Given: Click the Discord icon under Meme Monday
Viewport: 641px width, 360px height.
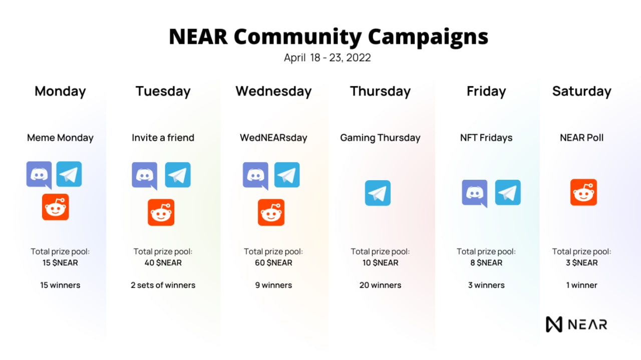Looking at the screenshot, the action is click(39, 175).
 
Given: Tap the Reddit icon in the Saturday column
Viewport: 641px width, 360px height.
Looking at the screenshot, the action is click(583, 192).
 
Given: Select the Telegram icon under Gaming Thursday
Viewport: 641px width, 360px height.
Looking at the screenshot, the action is click(378, 193).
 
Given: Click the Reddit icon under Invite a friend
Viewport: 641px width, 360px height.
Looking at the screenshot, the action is click(161, 212).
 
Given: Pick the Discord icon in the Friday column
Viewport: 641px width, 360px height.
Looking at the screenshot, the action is click(475, 193).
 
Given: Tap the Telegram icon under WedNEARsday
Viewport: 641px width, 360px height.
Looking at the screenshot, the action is click(287, 175).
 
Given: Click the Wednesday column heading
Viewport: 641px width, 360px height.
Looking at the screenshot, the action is click(273, 92).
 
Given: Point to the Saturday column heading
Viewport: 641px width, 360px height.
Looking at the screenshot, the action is click(582, 92).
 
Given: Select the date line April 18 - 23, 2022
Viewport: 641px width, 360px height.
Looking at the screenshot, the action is click(328, 58).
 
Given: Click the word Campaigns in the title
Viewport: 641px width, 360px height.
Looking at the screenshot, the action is click(428, 37).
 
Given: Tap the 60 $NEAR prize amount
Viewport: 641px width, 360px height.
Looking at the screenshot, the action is click(273, 263).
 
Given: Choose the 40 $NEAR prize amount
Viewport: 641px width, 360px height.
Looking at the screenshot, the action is click(163, 263).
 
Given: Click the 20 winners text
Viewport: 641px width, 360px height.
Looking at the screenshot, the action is click(380, 285).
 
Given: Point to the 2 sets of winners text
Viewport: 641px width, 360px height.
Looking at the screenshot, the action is click(163, 285).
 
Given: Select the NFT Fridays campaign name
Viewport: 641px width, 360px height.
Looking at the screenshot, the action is click(486, 138).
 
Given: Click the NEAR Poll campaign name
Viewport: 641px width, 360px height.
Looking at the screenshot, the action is click(582, 138).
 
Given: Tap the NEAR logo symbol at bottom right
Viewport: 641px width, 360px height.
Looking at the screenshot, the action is click(554, 324).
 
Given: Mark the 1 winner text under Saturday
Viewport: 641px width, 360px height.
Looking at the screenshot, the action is click(582, 285).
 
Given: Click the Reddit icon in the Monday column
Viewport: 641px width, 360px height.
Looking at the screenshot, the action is click(56, 207).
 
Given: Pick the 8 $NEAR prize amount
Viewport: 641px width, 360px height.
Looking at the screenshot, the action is click(486, 263).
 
